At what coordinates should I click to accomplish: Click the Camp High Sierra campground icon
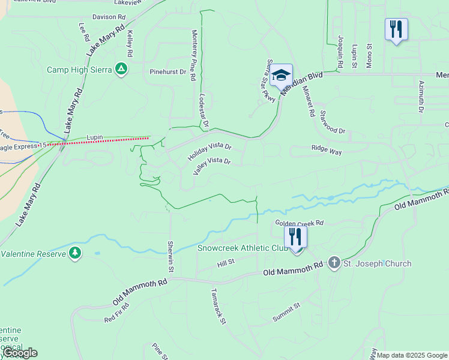coord(121,69)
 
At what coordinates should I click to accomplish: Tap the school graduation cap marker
coord(280,76)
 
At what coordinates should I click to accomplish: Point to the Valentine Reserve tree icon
coord(75,253)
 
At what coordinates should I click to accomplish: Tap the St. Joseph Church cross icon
coord(334,263)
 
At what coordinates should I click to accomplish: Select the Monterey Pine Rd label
coord(193,55)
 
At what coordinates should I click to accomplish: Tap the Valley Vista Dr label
coord(212,166)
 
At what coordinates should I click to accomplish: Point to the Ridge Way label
coord(327,150)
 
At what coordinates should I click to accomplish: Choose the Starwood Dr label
coord(333,122)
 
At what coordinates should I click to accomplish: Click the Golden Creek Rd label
coord(299,223)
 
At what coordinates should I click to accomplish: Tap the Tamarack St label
coord(217,307)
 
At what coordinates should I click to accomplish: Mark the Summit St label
coord(286,313)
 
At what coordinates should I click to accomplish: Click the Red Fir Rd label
coord(116,311)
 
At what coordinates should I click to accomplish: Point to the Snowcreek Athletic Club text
coord(243,248)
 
